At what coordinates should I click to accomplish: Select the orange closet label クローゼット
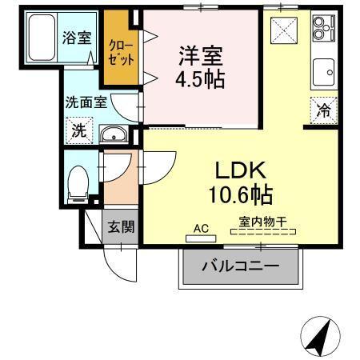coord(120,53)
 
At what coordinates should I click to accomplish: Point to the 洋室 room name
coord(201,55)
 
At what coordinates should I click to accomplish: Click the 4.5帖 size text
coord(201,79)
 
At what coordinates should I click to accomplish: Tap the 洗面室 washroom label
coord(85,102)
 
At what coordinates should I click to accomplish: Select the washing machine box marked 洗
coord(80,131)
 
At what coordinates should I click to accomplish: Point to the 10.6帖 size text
coord(240,194)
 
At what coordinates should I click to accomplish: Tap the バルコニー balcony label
coord(240,266)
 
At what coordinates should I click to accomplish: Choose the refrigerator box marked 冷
coord(324,112)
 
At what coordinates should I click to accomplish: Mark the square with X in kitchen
coord(284,31)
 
